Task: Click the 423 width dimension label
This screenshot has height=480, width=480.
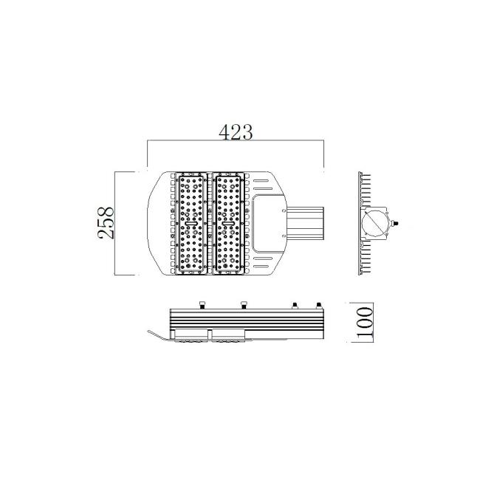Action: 236,132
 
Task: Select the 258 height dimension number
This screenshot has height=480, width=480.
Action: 106,223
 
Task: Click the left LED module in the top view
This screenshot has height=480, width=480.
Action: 192,223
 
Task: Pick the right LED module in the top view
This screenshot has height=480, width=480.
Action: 228,223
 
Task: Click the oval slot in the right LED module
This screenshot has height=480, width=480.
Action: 228,224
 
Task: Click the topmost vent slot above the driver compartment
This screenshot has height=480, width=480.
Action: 263,181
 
